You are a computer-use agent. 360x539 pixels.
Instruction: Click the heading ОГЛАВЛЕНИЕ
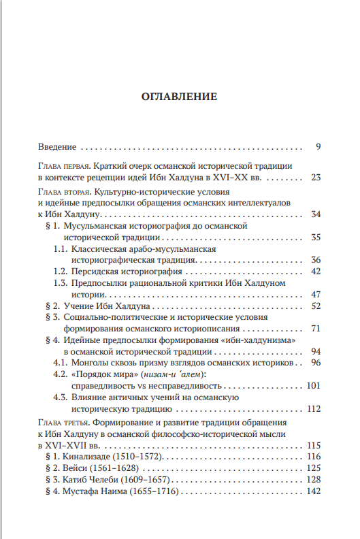(179, 97)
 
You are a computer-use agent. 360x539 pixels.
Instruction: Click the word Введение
(58, 146)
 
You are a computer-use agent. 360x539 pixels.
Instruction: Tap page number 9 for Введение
(318, 146)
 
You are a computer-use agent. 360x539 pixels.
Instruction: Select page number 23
(315, 178)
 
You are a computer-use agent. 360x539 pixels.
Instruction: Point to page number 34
(315, 214)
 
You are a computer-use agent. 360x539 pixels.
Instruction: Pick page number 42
(315, 271)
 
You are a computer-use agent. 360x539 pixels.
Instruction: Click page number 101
(313, 386)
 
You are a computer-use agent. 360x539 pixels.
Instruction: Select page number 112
(313, 409)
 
